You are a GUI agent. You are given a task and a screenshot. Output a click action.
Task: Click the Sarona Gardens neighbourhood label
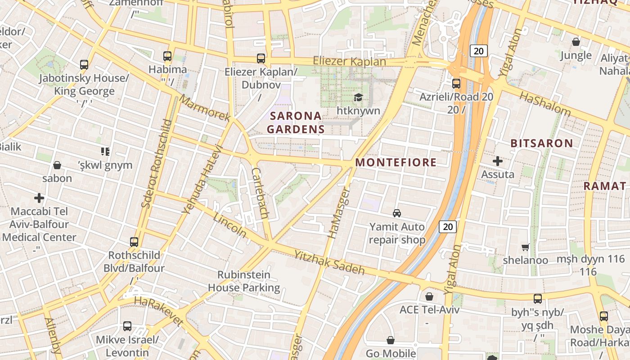click(296, 122)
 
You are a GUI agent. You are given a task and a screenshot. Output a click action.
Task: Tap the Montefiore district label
click(396, 162)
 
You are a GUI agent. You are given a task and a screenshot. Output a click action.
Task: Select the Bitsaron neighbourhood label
click(542, 144)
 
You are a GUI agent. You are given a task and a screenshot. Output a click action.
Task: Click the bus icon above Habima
click(167, 56)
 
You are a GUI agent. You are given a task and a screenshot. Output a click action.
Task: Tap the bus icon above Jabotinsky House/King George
click(84, 65)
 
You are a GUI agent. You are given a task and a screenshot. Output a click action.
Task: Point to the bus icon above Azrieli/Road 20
click(456, 84)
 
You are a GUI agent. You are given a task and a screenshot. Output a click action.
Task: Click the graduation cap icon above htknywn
click(358, 97)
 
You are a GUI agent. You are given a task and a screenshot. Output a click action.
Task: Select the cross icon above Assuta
click(498, 161)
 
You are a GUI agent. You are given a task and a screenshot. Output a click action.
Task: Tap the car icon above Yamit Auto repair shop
click(397, 213)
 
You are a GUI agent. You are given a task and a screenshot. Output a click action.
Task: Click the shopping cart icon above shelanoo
click(525, 247)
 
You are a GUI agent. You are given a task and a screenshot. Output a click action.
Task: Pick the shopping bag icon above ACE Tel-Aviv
click(429, 297)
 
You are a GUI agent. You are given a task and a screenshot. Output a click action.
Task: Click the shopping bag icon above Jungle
click(576, 42)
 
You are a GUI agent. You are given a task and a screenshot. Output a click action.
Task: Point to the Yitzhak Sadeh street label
click(329, 262)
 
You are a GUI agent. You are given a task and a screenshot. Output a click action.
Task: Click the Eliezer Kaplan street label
click(349, 61)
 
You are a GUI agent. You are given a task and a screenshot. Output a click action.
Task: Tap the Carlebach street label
click(260, 193)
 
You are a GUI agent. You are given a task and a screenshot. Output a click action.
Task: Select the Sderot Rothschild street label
click(156, 164)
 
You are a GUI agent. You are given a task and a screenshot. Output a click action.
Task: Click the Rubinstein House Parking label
click(244, 281)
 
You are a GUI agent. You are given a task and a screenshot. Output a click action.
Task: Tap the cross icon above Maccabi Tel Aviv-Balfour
click(39, 198)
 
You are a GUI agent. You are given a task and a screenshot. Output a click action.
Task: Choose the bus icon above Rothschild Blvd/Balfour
click(134, 242)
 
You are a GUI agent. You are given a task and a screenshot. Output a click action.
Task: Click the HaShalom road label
click(545, 104)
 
